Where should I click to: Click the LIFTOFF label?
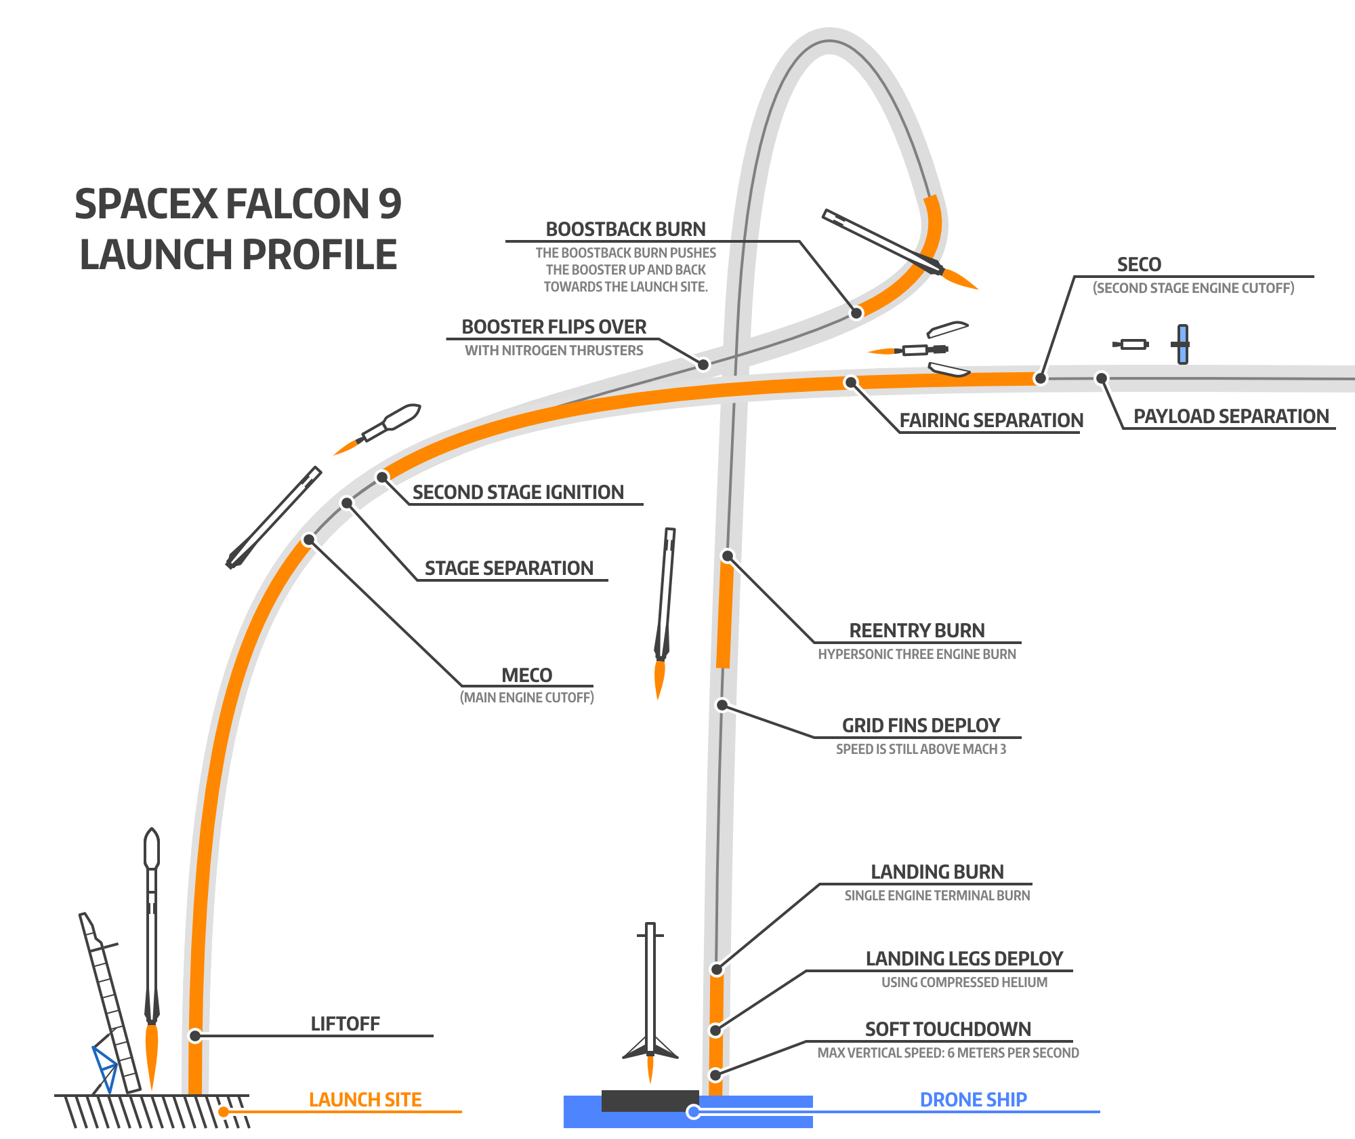(x=345, y=1024)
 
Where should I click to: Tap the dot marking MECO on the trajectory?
(x=309, y=540)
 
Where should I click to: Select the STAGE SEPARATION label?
(x=509, y=568)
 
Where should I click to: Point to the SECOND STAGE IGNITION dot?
(x=382, y=477)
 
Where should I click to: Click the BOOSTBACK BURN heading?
(x=625, y=229)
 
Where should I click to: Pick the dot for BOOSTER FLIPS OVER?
(x=703, y=365)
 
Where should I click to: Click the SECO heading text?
(x=1139, y=264)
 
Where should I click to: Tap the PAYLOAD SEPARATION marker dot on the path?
(x=1102, y=378)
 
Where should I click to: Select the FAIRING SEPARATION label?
(x=991, y=420)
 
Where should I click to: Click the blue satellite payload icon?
(x=1182, y=344)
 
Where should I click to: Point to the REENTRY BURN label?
(x=917, y=631)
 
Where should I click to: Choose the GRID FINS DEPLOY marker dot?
(x=722, y=705)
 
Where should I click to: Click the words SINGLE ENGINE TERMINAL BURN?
(x=937, y=896)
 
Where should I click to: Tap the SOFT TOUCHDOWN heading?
(x=948, y=1029)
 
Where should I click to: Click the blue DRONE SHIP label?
(x=973, y=1100)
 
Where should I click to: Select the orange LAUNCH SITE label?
(x=365, y=1100)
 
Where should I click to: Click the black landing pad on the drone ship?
(x=649, y=1100)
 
